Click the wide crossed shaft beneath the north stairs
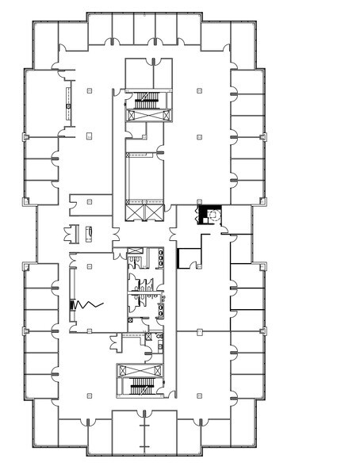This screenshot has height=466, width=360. (x=145, y=116)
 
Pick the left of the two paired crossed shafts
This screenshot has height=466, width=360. (x=134, y=212)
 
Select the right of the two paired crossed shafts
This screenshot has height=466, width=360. (x=155, y=212)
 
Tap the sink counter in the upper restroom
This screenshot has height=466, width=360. (x=162, y=257)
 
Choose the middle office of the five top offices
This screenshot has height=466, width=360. (x=144, y=29)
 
